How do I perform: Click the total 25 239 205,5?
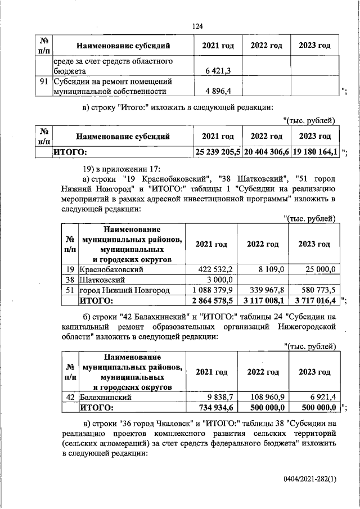(218, 151)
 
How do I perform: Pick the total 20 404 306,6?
(266, 151)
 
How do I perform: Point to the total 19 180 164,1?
(314, 151)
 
